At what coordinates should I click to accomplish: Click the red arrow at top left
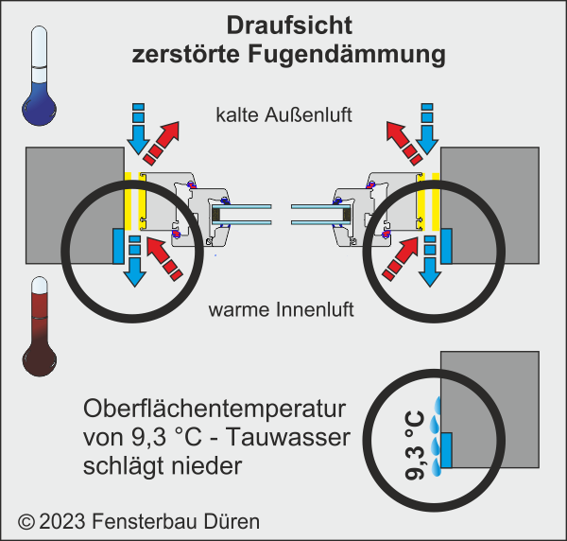[169, 141]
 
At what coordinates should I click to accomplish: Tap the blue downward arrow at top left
[138, 128]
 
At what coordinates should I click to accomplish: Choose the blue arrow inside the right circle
[429, 260]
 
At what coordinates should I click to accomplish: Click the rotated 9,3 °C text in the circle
[413, 445]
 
